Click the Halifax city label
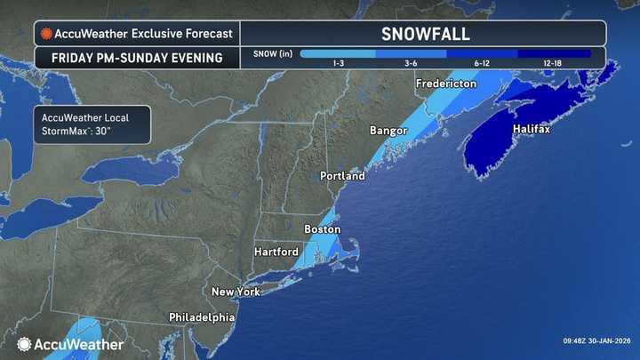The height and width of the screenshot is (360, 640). coord(532,130)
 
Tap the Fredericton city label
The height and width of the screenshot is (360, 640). coord(447,84)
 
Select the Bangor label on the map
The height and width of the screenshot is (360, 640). coord(388,131)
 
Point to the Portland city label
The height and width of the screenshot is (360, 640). coord(342,176)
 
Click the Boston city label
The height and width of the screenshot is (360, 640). coord(323,229)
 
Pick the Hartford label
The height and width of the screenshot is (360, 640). coord(276,252)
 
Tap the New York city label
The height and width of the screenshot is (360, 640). coord(236,292)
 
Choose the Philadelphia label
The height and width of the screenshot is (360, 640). coord(202,317)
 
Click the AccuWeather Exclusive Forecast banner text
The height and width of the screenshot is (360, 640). coord(143,34)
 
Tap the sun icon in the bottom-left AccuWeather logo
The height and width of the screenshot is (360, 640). coord(24,344)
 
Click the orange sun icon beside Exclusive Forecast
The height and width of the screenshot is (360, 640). coord(45,34)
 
